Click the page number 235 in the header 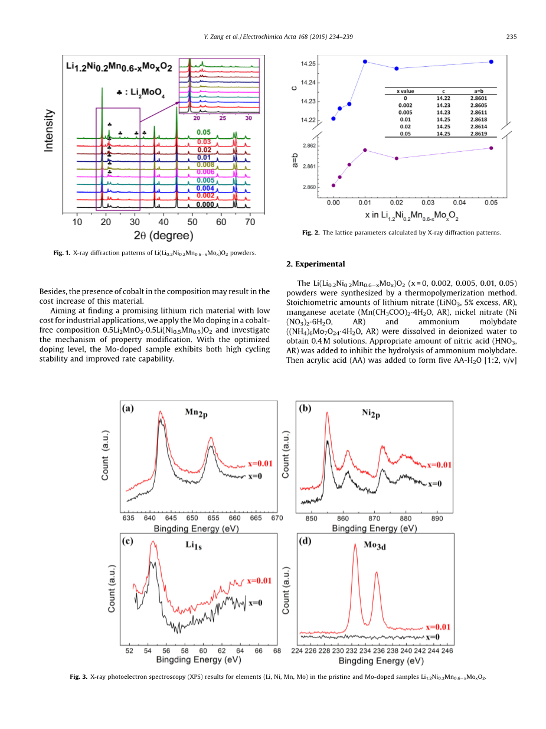tap(512, 37)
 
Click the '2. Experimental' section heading tap(315, 264)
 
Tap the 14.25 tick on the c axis tap(309, 64)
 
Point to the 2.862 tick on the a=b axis tap(309, 145)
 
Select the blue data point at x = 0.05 tap(491, 62)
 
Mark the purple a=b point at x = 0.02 tap(397, 158)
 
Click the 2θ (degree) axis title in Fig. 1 tap(163, 236)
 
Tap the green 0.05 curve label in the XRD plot tap(204, 132)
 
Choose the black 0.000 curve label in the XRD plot tap(205, 204)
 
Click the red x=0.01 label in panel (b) tap(439, 465)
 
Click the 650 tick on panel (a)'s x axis tap(192, 518)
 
